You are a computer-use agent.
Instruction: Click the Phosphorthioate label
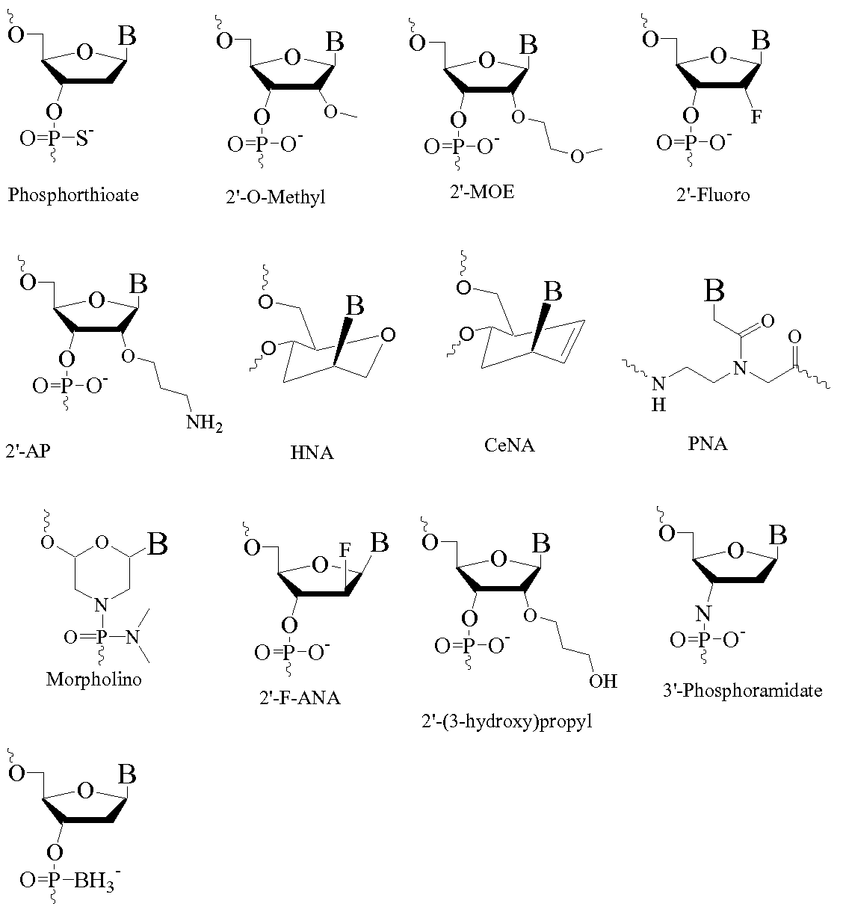click(73, 195)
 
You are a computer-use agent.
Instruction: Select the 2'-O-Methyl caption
click(271, 197)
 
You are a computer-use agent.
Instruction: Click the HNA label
click(312, 452)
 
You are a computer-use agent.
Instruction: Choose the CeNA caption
click(510, 446)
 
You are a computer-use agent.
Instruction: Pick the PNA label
click(707, 443)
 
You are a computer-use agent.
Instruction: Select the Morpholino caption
click(93, 679)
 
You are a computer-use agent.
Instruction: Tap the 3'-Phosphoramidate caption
click(742, 690)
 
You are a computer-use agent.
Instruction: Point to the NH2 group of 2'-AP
click(204, 424)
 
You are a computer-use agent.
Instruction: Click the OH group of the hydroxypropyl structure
click(602, 681)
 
